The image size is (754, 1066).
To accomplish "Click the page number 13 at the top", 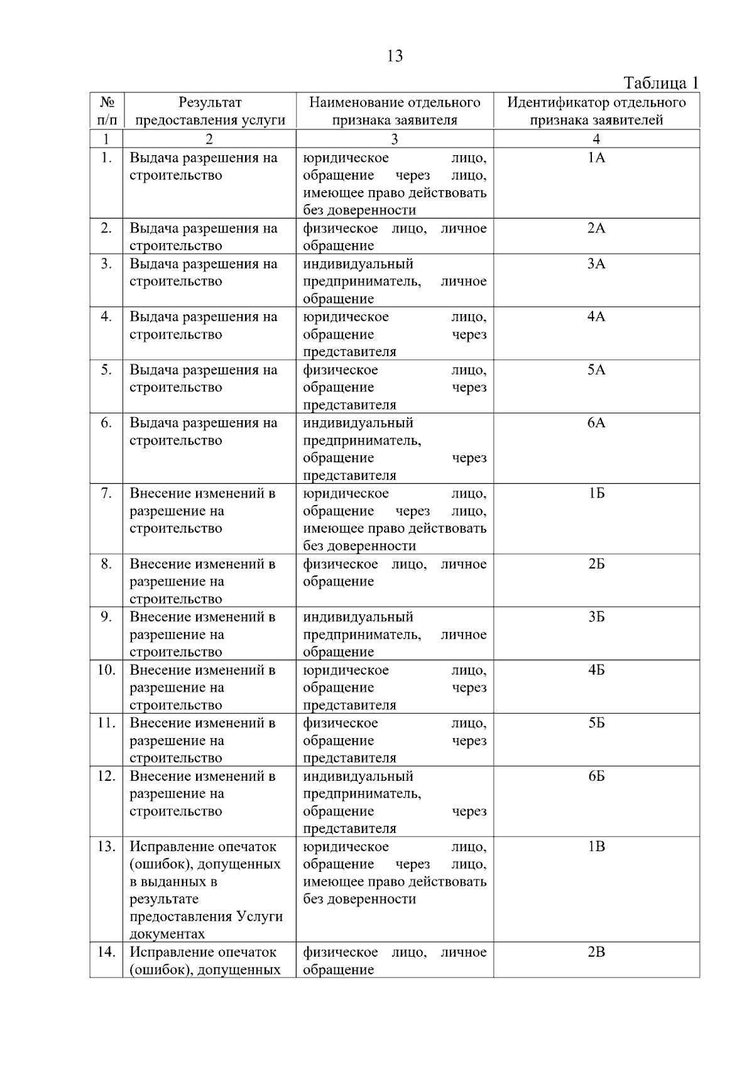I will point(395,57).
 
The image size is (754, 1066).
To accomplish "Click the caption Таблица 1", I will point(660,83).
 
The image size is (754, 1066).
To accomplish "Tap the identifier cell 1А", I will point(596,158).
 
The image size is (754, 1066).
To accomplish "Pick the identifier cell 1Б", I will point(596,494).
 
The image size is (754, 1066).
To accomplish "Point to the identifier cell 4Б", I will point(596,670).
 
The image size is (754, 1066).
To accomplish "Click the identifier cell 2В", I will point(596,952).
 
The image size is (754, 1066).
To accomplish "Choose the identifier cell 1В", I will point(596,847).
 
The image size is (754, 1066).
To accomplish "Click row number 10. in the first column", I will point(106,670).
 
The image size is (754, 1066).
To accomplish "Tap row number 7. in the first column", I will point(106,494).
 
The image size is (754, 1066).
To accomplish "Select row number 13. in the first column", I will point(106,847).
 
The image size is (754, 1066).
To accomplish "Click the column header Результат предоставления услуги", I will point(210,111).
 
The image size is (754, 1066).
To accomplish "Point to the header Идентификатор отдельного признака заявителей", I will point(596,111).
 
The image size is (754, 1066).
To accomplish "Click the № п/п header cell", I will point(106,111).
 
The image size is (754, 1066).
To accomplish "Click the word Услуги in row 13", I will point(260,916).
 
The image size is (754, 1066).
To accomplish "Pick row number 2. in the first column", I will point(106,229).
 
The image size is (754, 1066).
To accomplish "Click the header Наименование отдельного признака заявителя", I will point(395,111).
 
